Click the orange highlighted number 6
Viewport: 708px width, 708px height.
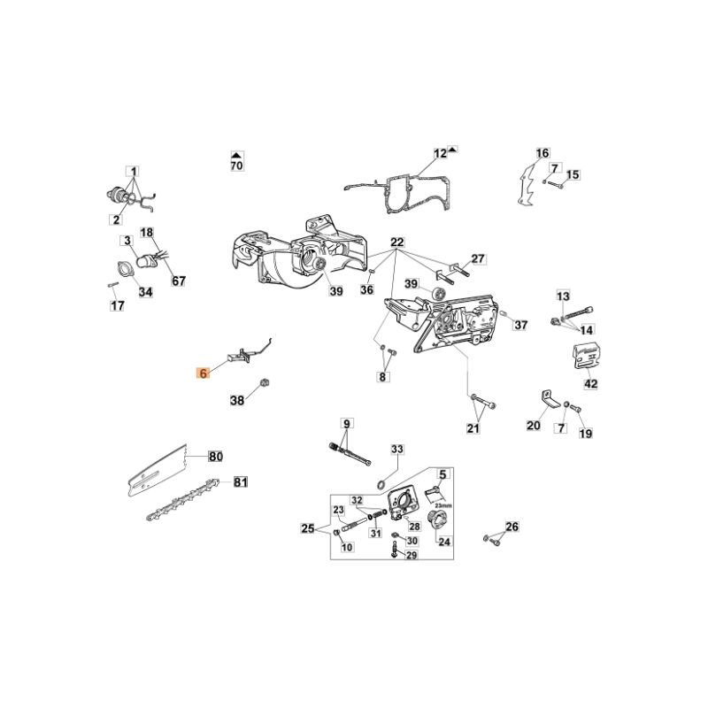point(203,374)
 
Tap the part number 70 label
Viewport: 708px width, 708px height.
point(236,165)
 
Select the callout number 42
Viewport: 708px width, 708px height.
point(590,384)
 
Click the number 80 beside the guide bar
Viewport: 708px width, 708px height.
point(215,457)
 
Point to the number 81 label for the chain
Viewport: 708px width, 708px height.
point(240,482)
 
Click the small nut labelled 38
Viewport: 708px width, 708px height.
point(263,382)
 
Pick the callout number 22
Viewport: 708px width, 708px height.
point(396,242)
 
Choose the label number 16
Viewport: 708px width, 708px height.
point(543,153)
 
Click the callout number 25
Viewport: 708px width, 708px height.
point(307,529)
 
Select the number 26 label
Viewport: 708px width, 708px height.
point(511,528)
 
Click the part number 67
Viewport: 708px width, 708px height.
point(179,281)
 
